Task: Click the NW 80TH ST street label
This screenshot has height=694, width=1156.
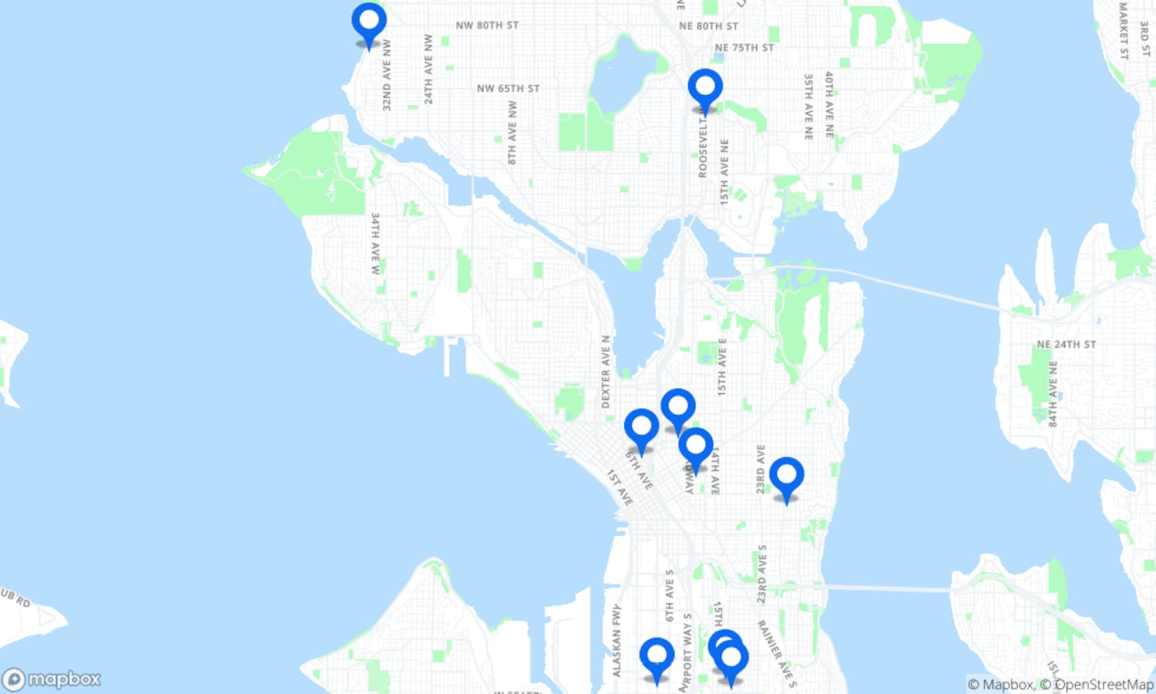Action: click(487, 25)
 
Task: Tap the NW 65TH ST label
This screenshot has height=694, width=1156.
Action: click(508, 89)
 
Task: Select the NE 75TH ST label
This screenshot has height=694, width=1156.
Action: click(744, 48)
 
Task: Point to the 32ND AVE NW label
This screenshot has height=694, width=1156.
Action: click(387, 76)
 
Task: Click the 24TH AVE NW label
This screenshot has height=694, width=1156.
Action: click(428, 69)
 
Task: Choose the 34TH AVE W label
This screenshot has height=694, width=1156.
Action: click(375, 244)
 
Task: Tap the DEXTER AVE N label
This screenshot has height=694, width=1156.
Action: click(606, 372)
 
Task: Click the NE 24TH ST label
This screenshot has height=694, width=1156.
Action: click(1066, 345)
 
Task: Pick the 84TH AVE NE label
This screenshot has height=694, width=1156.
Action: click(1053, 393)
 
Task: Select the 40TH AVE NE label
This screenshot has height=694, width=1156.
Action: click(829, 105)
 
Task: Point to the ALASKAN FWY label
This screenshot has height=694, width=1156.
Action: click(617, 641)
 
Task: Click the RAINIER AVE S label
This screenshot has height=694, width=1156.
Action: click(777, 654)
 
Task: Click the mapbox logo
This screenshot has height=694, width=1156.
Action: click(52, 679)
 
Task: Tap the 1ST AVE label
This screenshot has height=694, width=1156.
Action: click(620, 488)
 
